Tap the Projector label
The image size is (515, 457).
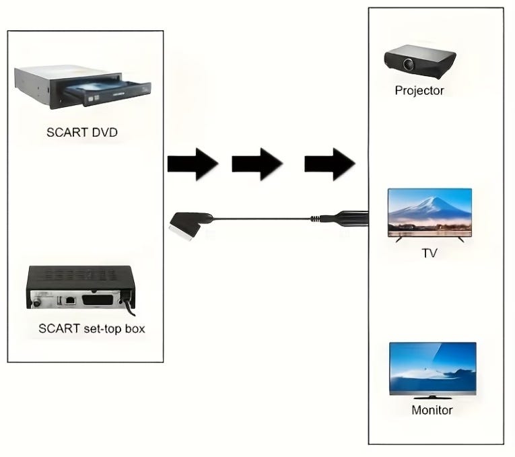tap(419, 91)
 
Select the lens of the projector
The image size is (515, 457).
tap(409, 65)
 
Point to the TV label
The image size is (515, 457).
tap(430, 254)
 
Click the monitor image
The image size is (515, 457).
tap(433, 367)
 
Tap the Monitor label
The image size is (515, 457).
tap(432, 410)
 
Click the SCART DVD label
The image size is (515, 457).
tap(81, 133)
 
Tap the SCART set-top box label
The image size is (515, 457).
tap(92, 329)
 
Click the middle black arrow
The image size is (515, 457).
tap(256, 164)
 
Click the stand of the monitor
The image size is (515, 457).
tap(433, 394)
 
